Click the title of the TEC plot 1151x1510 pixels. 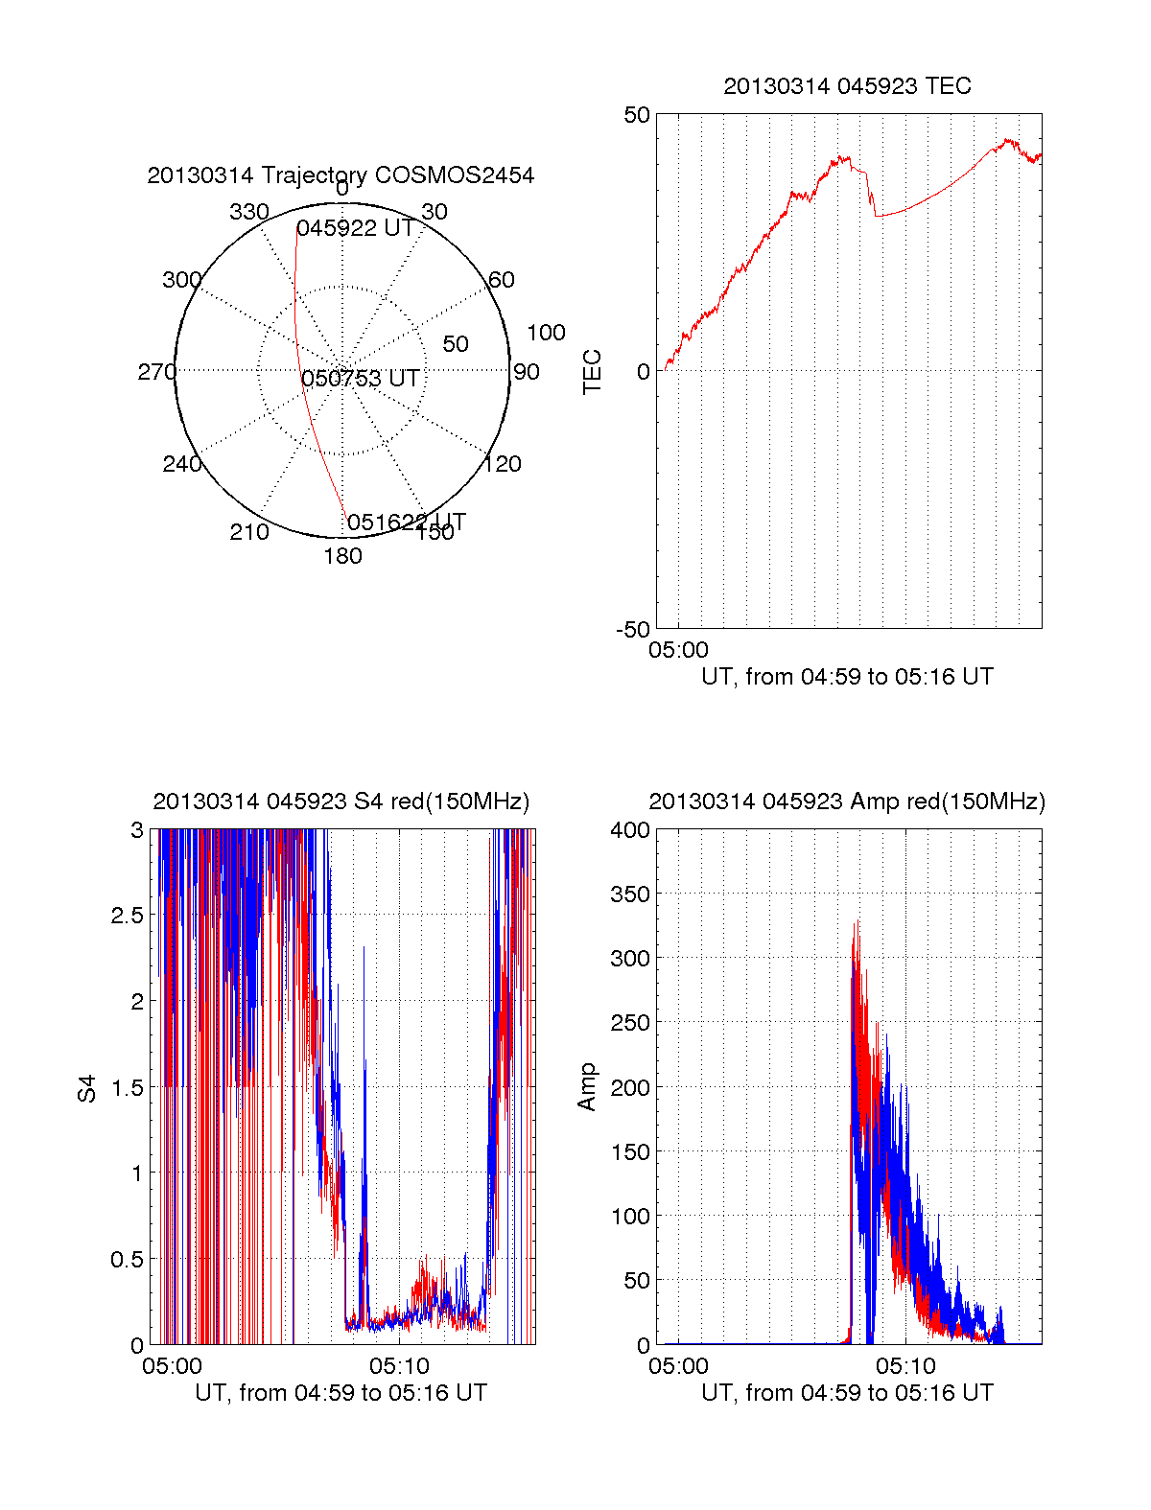847,86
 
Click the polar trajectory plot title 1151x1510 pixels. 341,175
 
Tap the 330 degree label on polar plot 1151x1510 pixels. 248,212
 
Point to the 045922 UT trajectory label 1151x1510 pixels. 355,228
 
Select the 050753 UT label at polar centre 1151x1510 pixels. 361,379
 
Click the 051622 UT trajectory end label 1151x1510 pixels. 406,522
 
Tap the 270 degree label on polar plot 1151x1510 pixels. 156,372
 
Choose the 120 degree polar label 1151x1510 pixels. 503,464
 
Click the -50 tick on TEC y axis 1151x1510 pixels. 633,630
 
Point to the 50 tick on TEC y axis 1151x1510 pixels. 637,115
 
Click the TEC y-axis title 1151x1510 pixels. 593,371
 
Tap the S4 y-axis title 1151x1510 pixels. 87,1088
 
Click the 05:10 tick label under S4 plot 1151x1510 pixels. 399,1365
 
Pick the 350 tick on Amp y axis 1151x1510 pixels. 630,894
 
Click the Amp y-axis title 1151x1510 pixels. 587,1087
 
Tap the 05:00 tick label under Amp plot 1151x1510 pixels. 678,1365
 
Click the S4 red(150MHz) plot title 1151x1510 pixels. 341,801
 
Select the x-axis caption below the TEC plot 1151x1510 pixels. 847,677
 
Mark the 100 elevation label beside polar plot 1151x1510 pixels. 546,333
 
